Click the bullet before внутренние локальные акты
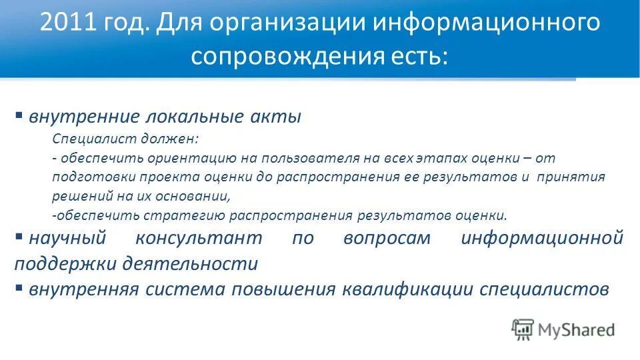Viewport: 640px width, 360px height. coord(19,114)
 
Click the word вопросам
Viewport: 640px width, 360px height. coord(387,238)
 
